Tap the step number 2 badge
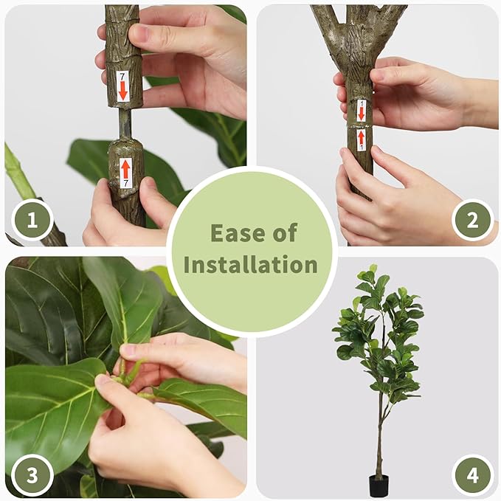pyautogui.click(x=472, y=220)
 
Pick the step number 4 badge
pyautogui.click(x=472, y=474)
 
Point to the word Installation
pyautogui.click(x=251, y=264)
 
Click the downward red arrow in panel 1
pyautogui.click(x=123, y=91)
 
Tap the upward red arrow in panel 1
pyautogui.click(x=125, y=169)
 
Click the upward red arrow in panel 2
pyautogui.click(x=361, y=137)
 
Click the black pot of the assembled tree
pyautogui.click(x=379, y=486)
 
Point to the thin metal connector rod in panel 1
pyautogui.click(x=125, y=123)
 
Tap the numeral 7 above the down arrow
pyautogui.click(x=122, y=76)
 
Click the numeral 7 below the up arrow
pyautogui.click(x=125, y=182)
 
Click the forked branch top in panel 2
pyautogui.click(x=358, y=30)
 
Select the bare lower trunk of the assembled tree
pyautogui.click(x=380, y=435)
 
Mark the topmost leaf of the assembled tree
pyautogui.click(x=373, y=269)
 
